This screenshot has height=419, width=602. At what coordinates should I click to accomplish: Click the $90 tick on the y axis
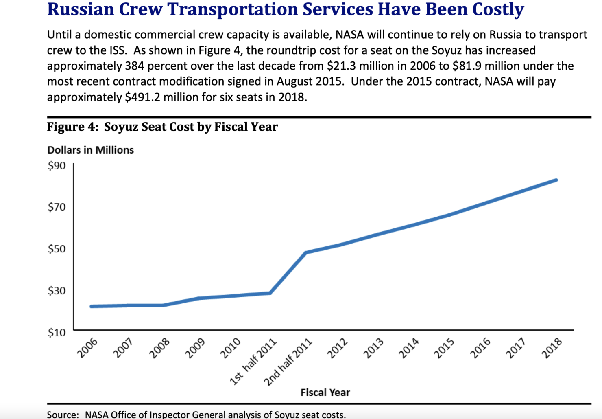[x=57, y=165]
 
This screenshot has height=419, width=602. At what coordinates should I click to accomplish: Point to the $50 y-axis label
[x=57, y=249]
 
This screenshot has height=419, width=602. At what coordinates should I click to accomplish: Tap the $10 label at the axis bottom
[x=57, y=333]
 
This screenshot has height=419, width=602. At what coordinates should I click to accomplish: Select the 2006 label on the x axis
[x=88, y=348]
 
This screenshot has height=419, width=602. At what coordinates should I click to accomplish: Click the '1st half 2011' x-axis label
[x=253, y=362]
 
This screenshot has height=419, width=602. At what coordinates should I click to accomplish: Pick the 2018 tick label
[x=552, y=348]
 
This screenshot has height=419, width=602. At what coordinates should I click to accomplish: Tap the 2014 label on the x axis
[x=409, y=348]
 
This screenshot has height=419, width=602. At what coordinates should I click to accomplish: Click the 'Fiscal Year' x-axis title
[x=325, y=393]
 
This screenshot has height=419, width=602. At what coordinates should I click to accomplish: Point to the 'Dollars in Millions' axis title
[x=90, y=150]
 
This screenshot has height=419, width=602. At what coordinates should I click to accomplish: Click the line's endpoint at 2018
[x=556, y=180]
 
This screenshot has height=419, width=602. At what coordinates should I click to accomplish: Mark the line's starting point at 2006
[x=91, y=306]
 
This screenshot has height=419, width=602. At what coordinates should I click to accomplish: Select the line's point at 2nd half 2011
[x=306, y=252]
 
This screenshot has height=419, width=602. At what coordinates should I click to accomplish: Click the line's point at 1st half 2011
[x=270, y=293]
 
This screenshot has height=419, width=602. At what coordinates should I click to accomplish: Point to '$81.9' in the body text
[x=467, y=66]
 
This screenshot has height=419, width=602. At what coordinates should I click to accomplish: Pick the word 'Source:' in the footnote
[x=63, y=415]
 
